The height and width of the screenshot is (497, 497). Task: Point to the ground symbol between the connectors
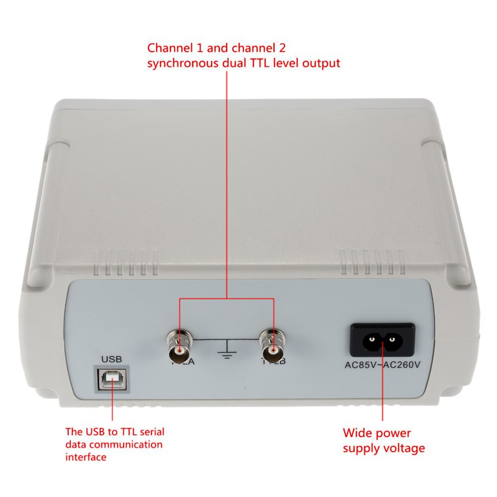pyautogui.click(x=227, y=350)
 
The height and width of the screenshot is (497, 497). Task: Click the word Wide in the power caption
pyautogui.click(x=356, y=433)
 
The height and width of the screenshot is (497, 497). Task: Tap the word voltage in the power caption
pyautogui.click(x=403, y=448)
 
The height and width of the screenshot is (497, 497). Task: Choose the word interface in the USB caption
pyautogui.click(x=86, y=457)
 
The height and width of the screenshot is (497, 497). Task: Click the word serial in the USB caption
pyautogui.click(x=152, y=431)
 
